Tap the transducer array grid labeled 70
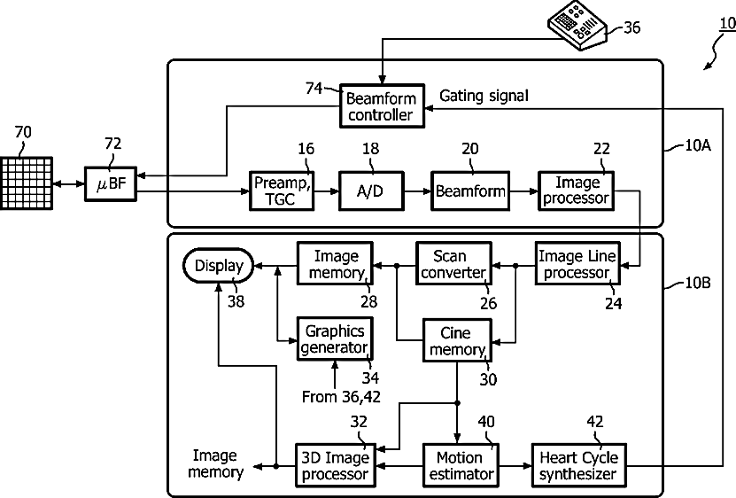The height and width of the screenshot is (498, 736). [x=27, y=183]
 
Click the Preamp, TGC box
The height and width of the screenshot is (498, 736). [x=282, y=190]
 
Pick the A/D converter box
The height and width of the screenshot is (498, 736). [x=368, y=191]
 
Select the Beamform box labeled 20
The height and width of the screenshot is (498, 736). [x=469, y=191]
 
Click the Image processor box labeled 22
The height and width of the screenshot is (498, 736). [x=577, y=190]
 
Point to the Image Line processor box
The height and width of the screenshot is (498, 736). [x=576, y=263]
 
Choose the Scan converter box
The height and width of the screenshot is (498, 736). [x=453, y=263]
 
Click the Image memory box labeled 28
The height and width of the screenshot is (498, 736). [x=334, y=263]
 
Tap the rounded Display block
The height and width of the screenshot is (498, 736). [x=218, y=264]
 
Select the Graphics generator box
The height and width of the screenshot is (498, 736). [x=334, y=338]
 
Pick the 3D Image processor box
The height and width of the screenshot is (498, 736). [x=334, y=465]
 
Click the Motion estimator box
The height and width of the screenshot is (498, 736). [x=459, y=465]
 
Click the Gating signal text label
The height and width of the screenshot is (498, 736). [x=484, y=95]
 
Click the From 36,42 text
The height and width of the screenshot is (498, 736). [x=340, y=397]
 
